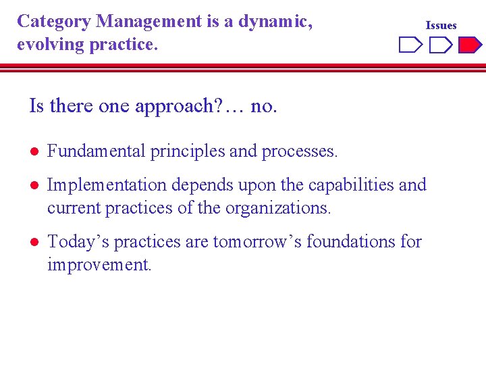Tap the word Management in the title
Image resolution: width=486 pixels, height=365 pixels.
[148, 22]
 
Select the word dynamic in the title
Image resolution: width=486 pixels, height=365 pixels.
[278, 22]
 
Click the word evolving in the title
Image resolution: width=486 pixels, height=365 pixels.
[48, 45]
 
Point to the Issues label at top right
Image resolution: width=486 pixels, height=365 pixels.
[441, 26]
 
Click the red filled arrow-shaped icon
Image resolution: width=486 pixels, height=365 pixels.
[470, 45]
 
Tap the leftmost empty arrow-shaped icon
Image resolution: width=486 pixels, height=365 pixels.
[410, 45]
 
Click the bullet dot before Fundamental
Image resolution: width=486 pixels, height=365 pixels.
[33, 151]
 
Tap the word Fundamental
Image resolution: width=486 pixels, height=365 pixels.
[96, 151]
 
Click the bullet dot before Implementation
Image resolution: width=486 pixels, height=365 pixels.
[33, 185]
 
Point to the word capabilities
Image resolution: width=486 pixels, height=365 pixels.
[351, 185]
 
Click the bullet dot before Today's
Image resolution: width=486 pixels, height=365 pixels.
[33, 242]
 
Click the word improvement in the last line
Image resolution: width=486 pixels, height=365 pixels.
[99, 264]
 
